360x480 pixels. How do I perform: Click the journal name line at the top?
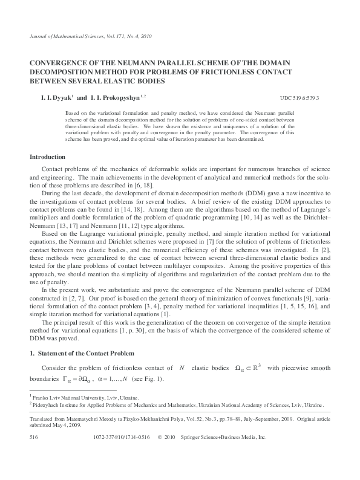coord(91,37)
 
